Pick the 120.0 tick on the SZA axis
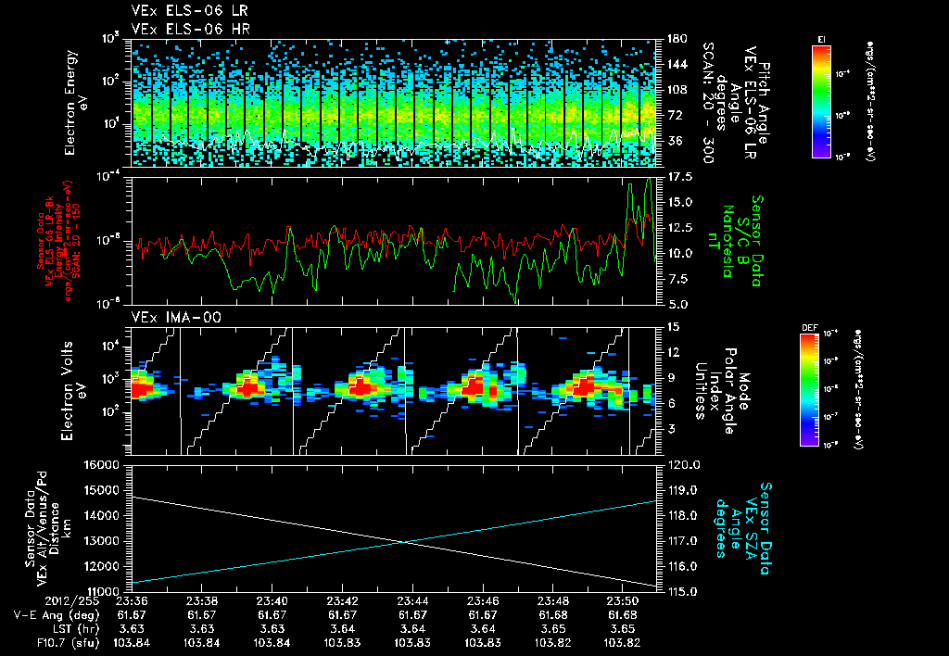tap(683, 464)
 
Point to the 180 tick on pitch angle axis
tap(674, 39)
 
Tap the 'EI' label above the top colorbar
tap(821, 38)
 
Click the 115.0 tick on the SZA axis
tap(683, 590)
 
